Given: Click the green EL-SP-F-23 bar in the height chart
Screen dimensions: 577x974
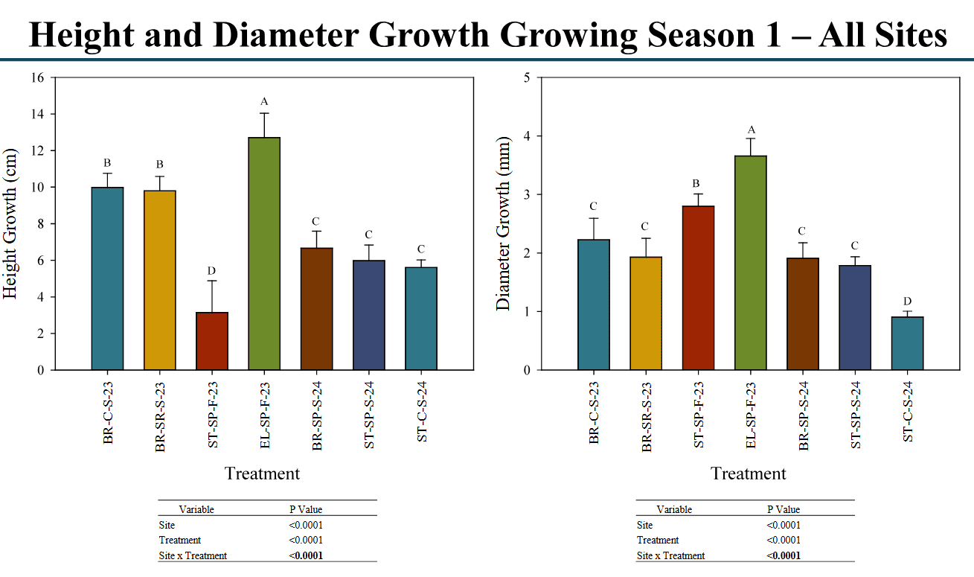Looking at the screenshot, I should (x=264, y=253).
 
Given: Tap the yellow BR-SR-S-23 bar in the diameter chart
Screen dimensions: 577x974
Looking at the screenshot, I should (x=646, y=313).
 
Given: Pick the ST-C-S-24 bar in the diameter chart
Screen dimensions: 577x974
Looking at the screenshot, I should (x=907, y=343).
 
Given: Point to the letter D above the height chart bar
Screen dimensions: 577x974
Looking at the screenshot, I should (x=212, y=270).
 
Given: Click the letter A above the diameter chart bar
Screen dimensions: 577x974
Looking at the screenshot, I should (x=751, y=130).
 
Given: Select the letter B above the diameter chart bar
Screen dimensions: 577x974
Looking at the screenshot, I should (x=697, y=184).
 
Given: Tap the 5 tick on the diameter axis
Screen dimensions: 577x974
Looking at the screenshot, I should (x=526, y=77).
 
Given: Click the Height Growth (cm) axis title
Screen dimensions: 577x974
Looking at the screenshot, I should (x=10, y=224).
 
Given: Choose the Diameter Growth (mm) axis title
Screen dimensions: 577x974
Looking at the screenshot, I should (x=503, y=223).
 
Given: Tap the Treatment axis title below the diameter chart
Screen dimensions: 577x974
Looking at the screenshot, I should (x=748, y=474).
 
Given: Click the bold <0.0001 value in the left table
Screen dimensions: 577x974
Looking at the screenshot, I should (x=306, y=555).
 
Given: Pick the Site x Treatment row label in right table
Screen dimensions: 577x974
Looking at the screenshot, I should (x=670, y=555).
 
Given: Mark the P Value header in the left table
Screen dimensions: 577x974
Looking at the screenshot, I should (x=306, y=509).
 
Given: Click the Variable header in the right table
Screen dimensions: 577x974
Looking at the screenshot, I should (x=674, y=509).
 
